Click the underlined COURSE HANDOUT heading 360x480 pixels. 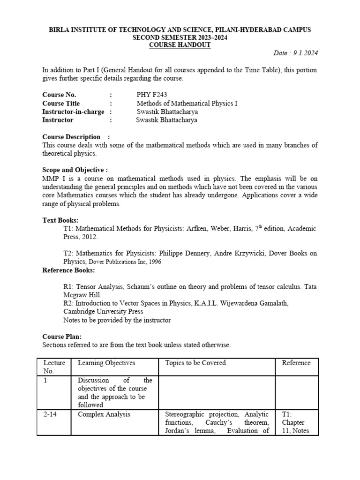click(180, 45)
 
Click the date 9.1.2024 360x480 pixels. click(304, 53)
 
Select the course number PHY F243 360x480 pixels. click(151, 95)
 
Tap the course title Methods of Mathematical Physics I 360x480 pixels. click(187, 103)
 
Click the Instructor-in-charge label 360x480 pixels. click(74, 112)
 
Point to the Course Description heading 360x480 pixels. click(72, 137)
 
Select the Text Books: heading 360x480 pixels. click(60, 220)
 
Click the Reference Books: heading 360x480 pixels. click(68, 270)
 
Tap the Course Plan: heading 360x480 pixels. click(62, 337)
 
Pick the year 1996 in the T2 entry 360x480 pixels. click(154, 262)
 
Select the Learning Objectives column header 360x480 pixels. click(106, 363)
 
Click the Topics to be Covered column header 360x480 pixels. click(195, 363)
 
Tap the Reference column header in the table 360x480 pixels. click(296, 363)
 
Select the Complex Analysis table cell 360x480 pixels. click(104, 414)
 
